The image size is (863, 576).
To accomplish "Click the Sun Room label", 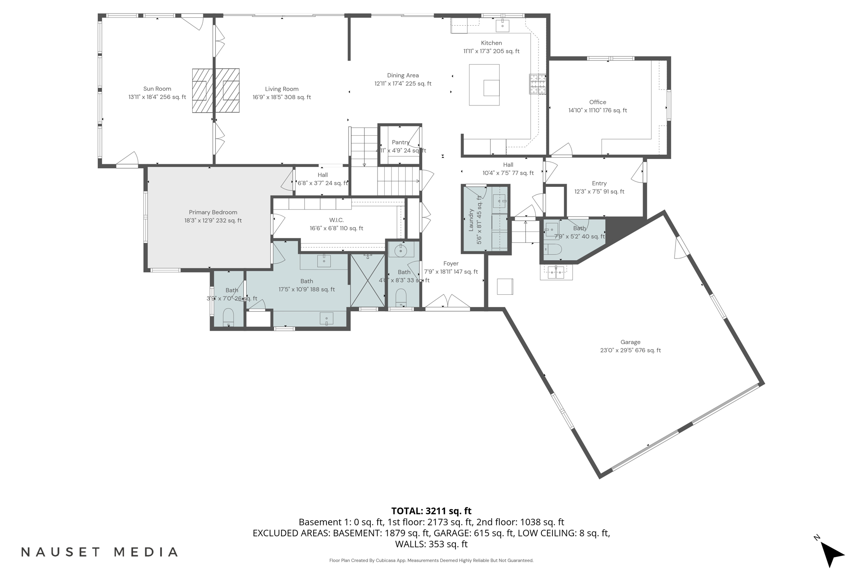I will (157, 89).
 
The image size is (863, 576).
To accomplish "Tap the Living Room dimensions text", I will (281, 97).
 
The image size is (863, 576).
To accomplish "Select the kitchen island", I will (484, 85).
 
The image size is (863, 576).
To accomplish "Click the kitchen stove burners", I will (538, 83).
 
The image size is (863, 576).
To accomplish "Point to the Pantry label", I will (400, 143).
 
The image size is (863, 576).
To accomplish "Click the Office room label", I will (598, 102).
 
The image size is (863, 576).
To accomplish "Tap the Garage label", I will (630, 342).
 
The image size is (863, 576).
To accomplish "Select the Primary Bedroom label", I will (213, 213).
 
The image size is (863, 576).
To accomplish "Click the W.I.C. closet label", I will (336, 220).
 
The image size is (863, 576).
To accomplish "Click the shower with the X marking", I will (368, 280).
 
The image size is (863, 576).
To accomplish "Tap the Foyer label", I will (450, 264).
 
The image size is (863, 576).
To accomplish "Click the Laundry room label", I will (472, 220).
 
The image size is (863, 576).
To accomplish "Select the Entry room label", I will (599, 183).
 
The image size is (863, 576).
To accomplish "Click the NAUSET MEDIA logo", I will (99, 552).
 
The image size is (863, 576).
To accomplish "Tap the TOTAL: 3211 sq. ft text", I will (431, 511).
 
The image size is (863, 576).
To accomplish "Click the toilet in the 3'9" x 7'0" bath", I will (228, 317).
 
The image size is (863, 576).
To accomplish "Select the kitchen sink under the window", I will (502, 25).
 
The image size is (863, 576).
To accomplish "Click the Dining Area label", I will (403, 75).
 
